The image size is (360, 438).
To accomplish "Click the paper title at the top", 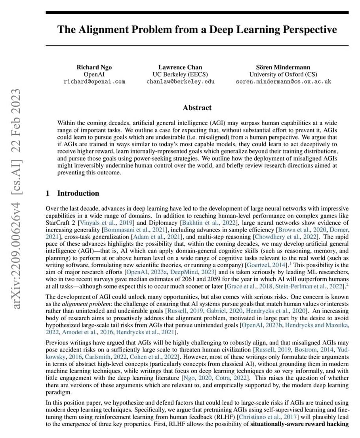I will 197,30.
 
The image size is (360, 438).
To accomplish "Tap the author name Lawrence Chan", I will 180,67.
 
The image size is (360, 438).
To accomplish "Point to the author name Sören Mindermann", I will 283,67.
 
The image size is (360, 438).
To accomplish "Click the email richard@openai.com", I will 94,82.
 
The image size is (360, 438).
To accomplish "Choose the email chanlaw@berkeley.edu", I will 180,82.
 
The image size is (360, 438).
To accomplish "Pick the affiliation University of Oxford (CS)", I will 283,75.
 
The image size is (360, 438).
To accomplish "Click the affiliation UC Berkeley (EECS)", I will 180,75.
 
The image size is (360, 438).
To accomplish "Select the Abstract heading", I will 197,108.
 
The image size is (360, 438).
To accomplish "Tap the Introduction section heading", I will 78,193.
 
